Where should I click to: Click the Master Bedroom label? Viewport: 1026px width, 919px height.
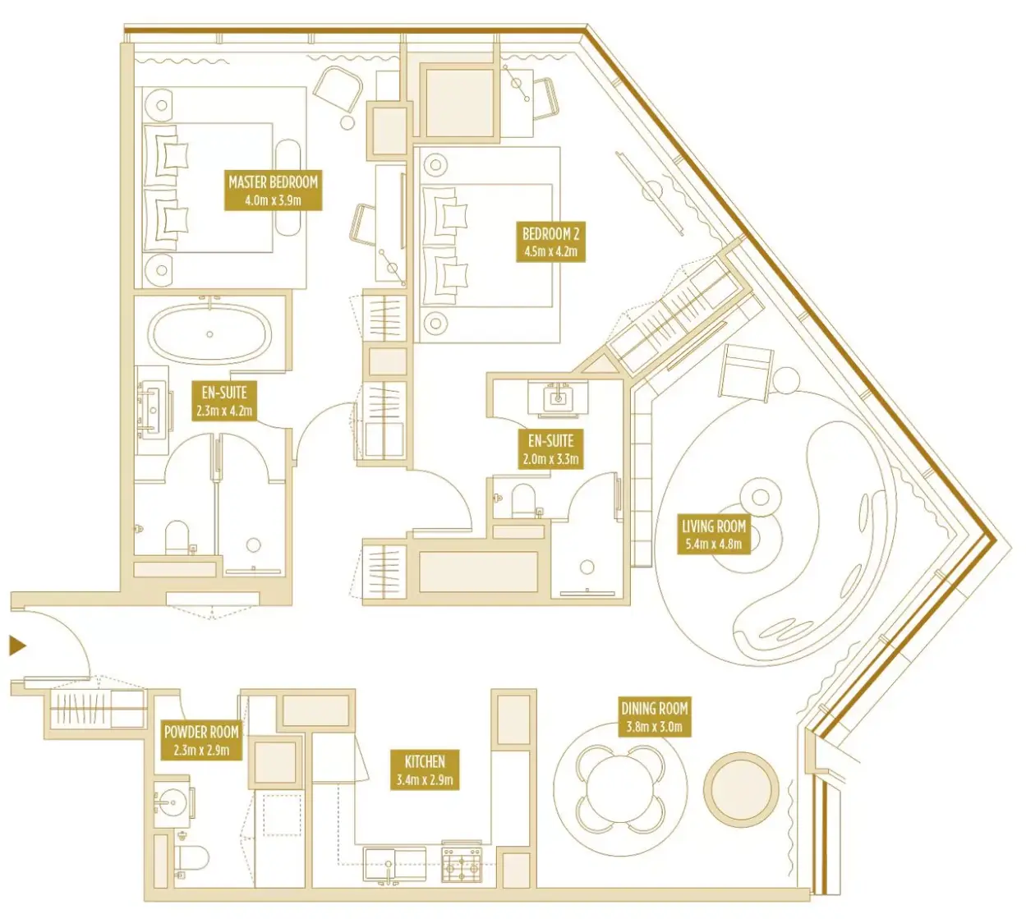point(273,190)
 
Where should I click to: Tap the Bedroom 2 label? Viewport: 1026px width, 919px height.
point(550,241)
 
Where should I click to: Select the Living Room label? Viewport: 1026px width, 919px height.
point(714,534)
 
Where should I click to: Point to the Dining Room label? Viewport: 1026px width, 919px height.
point(654,717)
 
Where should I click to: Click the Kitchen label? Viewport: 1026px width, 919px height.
point(425,770)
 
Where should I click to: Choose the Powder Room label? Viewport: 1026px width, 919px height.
point(201,740)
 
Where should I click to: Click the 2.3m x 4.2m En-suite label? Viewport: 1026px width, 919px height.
point(223,401)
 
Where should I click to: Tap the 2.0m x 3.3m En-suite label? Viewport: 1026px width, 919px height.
point(550,448)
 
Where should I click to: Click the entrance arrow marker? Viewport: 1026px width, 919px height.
point(17,646)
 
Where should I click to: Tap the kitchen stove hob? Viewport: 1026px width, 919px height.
point(462,866)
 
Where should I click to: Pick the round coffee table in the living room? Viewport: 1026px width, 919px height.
point(759,497)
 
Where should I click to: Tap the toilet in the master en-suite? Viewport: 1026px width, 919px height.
point(177,538)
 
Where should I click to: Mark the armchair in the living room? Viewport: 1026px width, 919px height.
point(745,372)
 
